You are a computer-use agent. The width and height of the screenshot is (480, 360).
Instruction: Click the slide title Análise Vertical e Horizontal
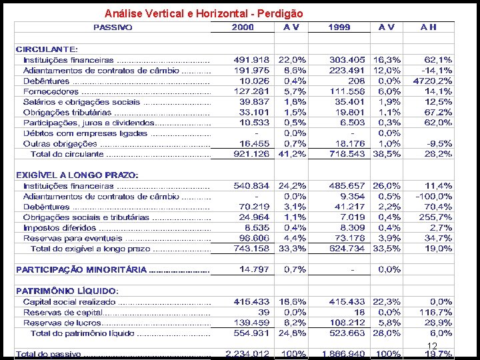tap(204, 13)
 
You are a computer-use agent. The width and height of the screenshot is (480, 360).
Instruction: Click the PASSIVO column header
tap(113, 27)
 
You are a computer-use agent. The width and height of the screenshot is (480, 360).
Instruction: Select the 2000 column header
tap(243, 27)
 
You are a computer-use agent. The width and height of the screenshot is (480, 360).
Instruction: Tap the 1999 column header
tap(340, 27)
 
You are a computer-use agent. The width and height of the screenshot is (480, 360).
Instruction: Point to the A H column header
tap(429, 27)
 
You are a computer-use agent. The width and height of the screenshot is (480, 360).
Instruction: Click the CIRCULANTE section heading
tap(47, 49)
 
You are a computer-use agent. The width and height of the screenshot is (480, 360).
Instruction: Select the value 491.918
tap(252, 59)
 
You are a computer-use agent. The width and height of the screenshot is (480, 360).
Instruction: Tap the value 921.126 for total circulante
tap(252, 154)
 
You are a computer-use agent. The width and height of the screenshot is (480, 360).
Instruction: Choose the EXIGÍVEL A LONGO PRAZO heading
tap(77, 175)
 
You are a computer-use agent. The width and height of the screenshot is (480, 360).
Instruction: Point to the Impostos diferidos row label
tap(59, 227)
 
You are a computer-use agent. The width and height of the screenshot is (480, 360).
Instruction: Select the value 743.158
tap(252, 249)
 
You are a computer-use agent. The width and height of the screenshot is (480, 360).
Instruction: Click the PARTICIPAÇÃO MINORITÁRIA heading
tap(81, 269)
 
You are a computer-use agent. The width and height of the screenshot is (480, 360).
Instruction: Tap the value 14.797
tap(255, 269)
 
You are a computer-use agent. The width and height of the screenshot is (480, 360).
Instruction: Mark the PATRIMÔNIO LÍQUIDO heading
tap(67, 291)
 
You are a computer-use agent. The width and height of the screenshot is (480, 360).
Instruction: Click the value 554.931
tap(252, 333)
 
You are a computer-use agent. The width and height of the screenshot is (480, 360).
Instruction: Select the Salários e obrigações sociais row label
tap(81, 102)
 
